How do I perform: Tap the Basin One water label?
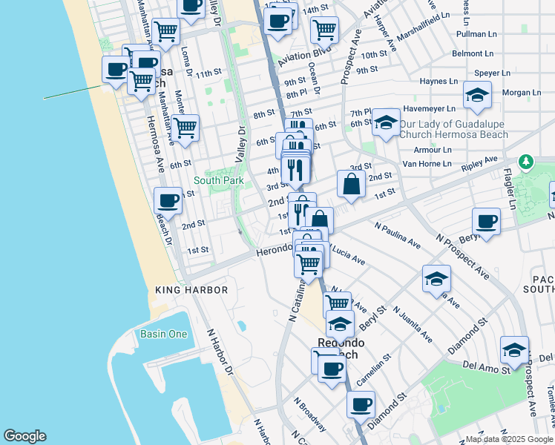coord(164,334)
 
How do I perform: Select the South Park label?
coord(213,180)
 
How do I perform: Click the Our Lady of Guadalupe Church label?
coord(453,129)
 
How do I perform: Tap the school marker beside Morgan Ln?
coord(477,94)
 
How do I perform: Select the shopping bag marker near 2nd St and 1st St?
coord(351,184)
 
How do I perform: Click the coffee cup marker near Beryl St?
coord(487,222)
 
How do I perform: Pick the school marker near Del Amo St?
coord(514,349)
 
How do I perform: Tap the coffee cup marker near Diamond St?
coord(361,404)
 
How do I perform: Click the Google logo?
coord(24,436)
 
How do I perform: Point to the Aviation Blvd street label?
coord(306,56)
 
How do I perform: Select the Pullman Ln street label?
coord(476,34)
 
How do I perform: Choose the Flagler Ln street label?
coord(511,189)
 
